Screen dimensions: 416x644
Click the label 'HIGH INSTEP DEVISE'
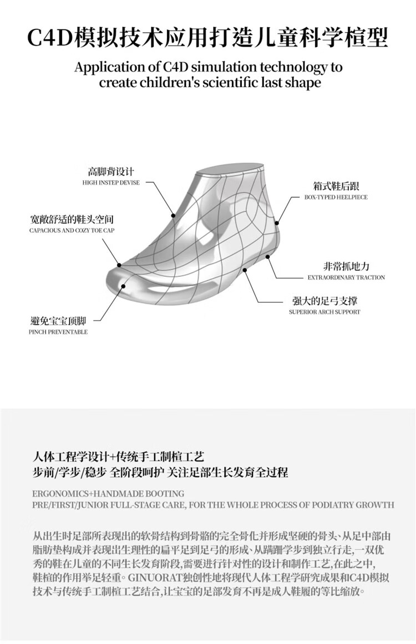pos(111,182)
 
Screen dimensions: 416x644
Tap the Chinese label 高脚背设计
pos(111,171)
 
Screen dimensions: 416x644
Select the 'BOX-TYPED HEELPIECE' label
pos(336,197)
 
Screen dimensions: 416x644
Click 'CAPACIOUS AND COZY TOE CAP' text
pos(72,230)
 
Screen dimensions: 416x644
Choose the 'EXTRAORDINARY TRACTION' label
pos(346,277)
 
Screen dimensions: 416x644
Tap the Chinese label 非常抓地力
pos(346,266)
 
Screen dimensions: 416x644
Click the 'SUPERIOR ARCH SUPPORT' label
pos(324,312)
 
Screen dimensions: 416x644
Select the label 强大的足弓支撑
pos(324,301)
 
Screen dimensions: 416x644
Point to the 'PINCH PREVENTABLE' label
pos(58,332)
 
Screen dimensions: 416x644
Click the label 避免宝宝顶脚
pos(58,321)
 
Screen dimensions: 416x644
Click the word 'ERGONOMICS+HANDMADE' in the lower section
pos(83,493)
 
